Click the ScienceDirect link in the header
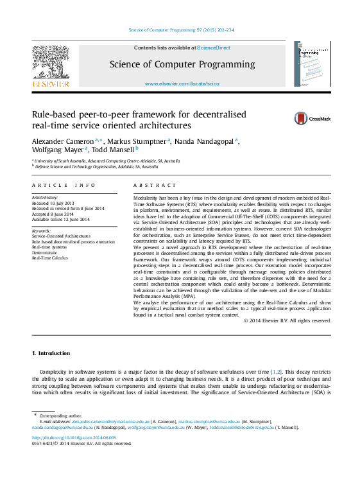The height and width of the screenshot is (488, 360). pos(214,48)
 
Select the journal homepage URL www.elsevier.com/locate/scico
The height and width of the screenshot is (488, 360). pos(182,84)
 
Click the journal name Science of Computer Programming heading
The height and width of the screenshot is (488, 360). pos(182,65)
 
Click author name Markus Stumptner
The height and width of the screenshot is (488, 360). pos(136,141)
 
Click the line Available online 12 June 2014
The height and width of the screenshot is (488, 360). pos(61,220)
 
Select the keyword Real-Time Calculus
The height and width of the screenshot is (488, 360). pos(49,257)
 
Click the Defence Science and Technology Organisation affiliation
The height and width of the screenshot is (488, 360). pos(96,166)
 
